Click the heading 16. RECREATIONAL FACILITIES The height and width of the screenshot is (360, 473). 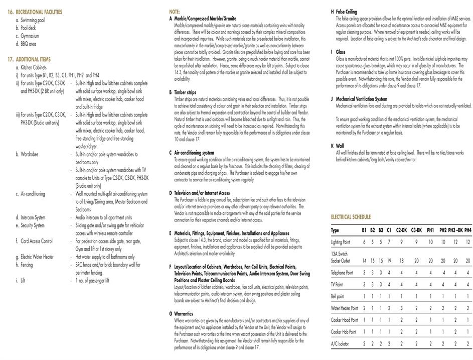(35, 11)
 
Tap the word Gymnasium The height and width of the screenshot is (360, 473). (30, 36)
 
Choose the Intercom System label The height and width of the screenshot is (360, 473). (33, 217)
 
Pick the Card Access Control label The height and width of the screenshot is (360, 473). (36, 241)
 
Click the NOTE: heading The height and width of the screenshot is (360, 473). (174, 11)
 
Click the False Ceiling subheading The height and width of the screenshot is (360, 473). (346, 11)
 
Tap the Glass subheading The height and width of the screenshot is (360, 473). (341, 52)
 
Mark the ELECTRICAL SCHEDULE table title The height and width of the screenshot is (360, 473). (351, 217)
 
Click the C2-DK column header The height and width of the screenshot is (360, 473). (401, 230)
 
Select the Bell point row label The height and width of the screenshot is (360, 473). (338, 296)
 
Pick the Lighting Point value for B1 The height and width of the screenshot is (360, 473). (364, 242)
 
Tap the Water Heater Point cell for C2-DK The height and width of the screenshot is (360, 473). (401, 308)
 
